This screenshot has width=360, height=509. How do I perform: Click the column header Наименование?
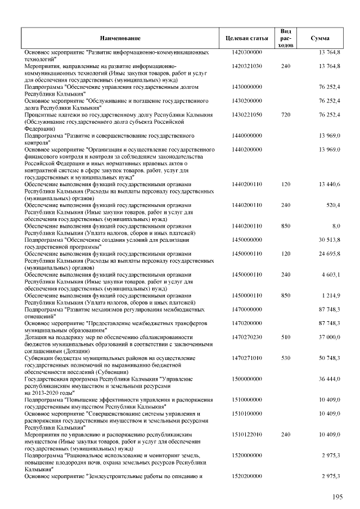tap(120, 38)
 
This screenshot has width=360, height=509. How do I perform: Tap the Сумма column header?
tap(320, 38)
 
